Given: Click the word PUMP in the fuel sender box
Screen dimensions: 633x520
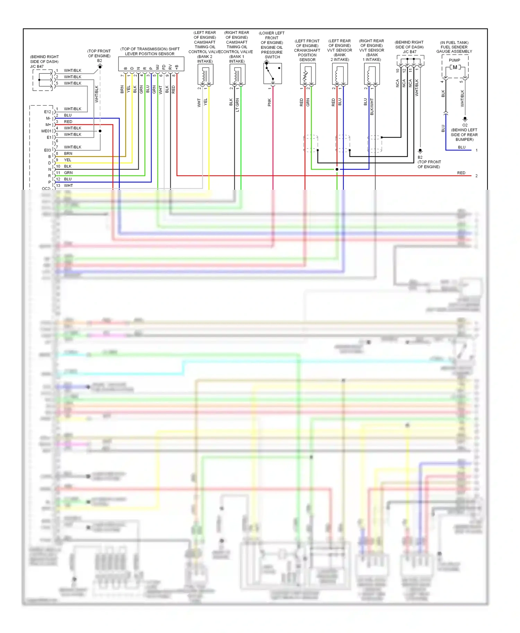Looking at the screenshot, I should coord(454,60).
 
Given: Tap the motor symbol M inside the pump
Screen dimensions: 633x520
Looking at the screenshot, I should coord(455,67).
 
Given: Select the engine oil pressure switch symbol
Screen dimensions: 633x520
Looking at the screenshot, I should coord(272,73).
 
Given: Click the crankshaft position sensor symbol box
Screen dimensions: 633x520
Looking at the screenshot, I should coord(308,74).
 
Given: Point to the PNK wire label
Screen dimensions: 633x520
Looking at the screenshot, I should coord(269,102).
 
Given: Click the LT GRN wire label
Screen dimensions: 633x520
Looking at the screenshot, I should coord(237,105).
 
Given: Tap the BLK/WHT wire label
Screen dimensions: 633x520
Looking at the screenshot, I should coord(372,106).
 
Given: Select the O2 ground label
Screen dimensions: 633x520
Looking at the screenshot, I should coord(465,125).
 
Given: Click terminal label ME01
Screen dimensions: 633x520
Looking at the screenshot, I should coord(46,131).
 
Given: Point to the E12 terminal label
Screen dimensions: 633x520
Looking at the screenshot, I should coord(47,112).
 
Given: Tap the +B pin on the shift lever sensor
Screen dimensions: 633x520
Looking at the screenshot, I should coord(176,67).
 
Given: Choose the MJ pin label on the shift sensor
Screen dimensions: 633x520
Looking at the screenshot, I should coord(157,67).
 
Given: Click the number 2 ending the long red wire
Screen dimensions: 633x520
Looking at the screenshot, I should coord(476,176).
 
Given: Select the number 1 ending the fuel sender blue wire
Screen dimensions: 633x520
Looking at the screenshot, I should coord(476,150).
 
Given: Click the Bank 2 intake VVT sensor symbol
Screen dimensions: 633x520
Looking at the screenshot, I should coord(340,74).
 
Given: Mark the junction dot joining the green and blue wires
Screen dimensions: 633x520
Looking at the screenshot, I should coord(337,169).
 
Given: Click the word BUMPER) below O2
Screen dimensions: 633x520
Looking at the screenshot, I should coord(465,140).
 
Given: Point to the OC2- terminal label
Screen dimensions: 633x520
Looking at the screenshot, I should coord(46,188).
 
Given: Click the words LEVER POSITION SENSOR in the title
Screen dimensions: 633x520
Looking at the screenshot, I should coord(150,54).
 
